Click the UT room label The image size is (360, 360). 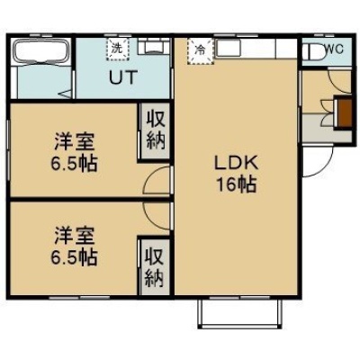pyautogui.click(x=123, y=77)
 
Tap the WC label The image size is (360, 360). pyautogui.click(x=334, y=49)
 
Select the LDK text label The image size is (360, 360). pyautogui.click(x=236, y=164)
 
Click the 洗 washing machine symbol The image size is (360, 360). pyautogui.click(x=117, y=49)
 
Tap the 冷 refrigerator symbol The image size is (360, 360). pyautogui.click(x=201, y=50)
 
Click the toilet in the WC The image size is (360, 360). pyautogui.click(x=315, y=52)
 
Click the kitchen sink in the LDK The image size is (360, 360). pyautogui.click(x=228, y=48)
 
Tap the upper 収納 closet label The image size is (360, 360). pyautogui.click(x=156, y=130)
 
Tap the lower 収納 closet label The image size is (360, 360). pyautogui.click(x=155, y=267)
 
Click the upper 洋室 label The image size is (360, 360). pyautogui.click(x=75, y=142)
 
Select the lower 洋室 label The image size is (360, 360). pyautogui.click(x=75, y=236)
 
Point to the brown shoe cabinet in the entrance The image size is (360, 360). pyautogui.click(x=344, y=112)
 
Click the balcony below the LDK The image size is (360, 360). pyautogui.click(x=240, y=313)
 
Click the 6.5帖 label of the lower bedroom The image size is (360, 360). pyautogui.click(x=74, y=257)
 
